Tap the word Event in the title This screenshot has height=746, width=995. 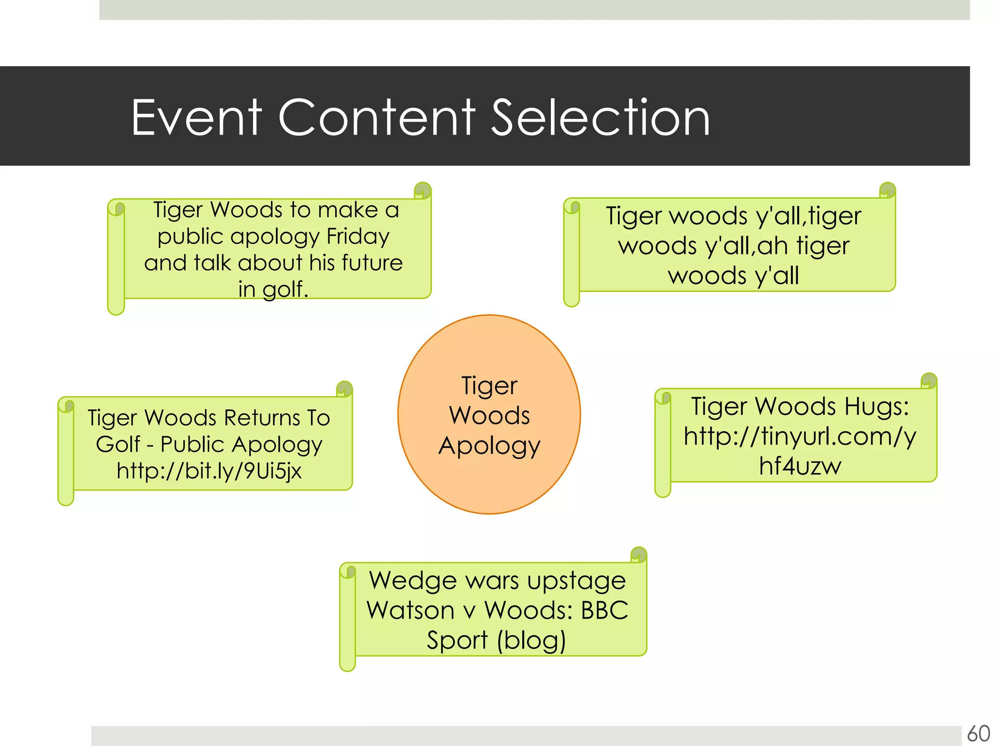point(196,118)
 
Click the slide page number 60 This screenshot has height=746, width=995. point(978,733)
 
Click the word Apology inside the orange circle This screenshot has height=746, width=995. point(489,446)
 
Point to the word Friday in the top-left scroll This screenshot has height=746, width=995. point(358,237)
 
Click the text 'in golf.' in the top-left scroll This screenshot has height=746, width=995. point(273,289)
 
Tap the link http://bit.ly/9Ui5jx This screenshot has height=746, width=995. point(209,471)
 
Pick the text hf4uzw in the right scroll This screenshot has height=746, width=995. point(800,466)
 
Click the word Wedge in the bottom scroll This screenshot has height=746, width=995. point(413,580)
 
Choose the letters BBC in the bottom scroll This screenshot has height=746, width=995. point(604,610)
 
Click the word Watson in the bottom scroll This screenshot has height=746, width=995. point(410,610)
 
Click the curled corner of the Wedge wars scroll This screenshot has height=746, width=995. point(638,555)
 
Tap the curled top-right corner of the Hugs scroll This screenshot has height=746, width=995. point(928,380)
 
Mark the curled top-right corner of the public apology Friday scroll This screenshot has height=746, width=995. point(422,190)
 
